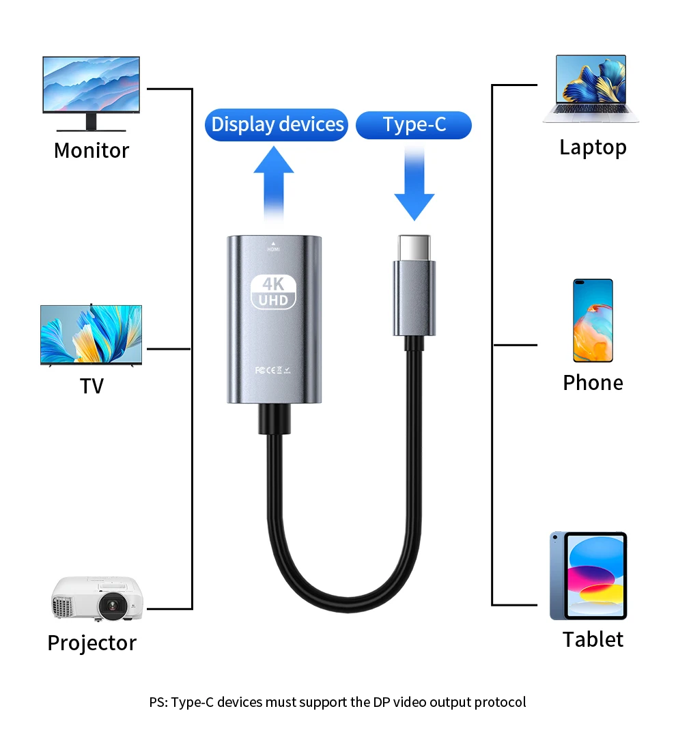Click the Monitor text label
coord(91,150)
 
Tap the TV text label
coord(91,386)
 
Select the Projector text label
coord(91,643)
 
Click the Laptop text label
coord(593,147)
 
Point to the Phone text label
coord(593,382)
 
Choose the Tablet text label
coord(593,639)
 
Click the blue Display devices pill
coord(277,125)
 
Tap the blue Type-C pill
coord(414,125)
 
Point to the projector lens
coord(111,605)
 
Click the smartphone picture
coord(593,320)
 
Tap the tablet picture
coord(588,576)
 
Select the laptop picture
coord(591,89)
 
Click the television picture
coord(91,335)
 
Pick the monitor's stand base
coord(91,129)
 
